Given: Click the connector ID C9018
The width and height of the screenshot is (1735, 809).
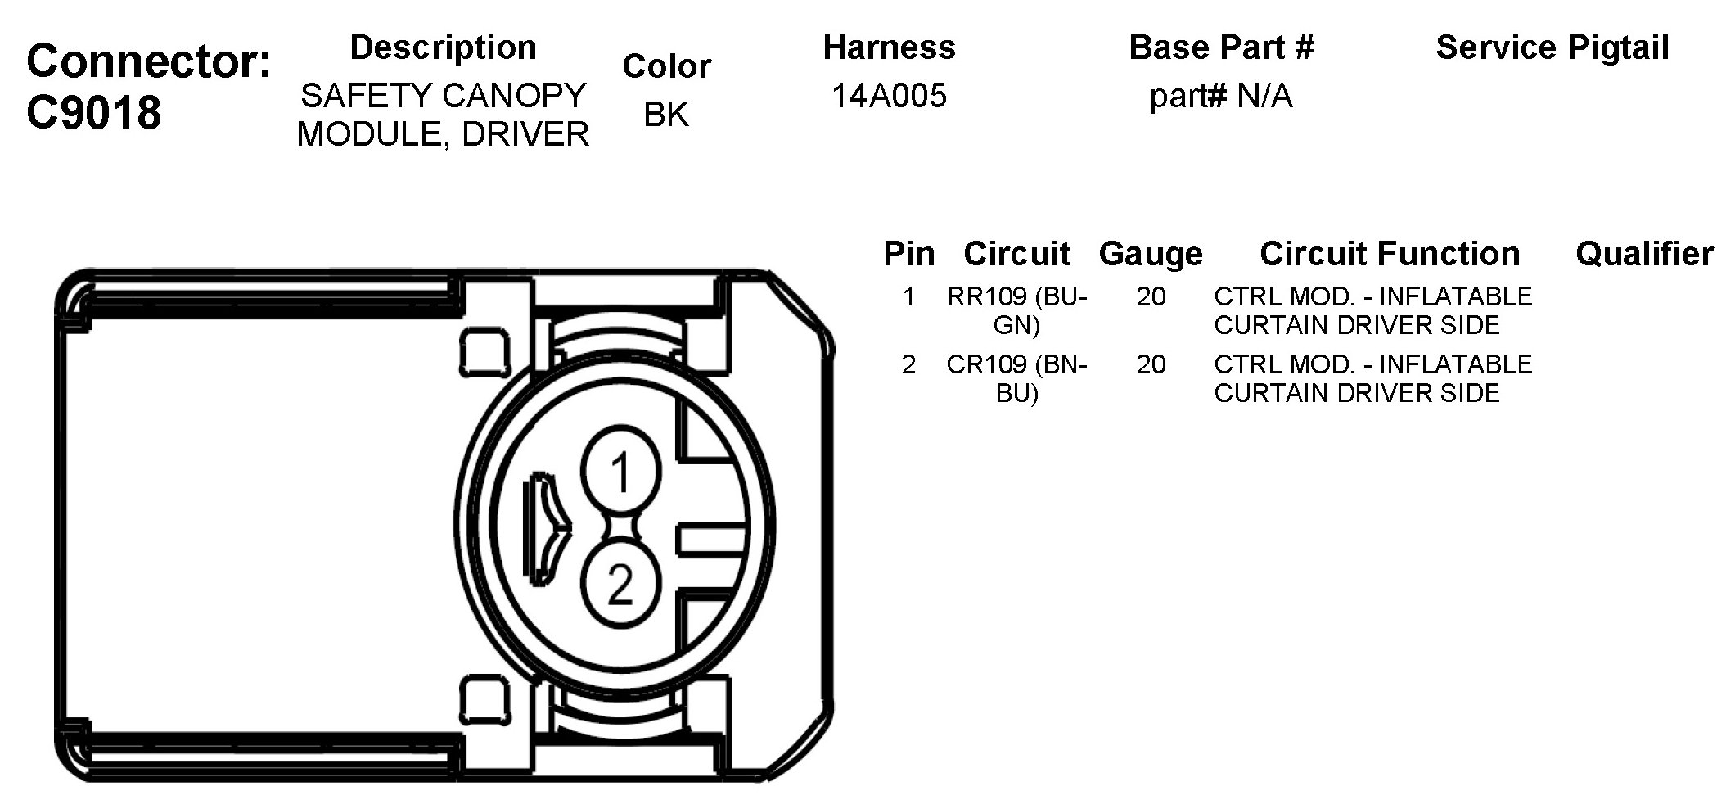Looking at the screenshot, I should (94, 112).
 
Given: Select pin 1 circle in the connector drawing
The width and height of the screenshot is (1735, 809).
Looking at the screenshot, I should (620, 472).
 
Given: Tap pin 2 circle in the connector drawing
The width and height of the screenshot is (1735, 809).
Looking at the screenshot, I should (620, 585).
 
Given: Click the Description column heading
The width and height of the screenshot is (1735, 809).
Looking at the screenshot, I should (443, 47).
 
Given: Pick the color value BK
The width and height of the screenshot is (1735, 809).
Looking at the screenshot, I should (665, 115).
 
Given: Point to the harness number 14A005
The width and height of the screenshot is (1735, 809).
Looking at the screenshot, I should (889, 96).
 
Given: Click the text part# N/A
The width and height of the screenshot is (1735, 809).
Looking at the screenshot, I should (1220, 97).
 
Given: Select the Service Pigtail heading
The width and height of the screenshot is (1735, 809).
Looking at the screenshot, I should (1552, 47).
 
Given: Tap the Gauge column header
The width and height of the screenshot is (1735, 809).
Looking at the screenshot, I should (1150, 254).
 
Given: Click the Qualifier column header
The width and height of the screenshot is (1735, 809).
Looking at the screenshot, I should (1643, 254).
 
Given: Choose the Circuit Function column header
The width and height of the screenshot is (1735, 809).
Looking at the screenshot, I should (1389, 254).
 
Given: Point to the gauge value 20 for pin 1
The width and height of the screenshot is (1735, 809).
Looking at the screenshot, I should (1151, 296).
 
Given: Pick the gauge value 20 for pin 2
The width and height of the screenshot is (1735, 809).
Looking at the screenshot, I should (1151, 364).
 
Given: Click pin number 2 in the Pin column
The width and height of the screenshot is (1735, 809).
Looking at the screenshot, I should (908, 364).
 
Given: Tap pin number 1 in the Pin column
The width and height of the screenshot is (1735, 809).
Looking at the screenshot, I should (908, 296).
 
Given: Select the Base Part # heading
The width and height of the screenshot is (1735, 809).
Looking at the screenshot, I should (1220, 47).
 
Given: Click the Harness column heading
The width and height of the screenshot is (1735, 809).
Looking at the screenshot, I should (889, 47).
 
